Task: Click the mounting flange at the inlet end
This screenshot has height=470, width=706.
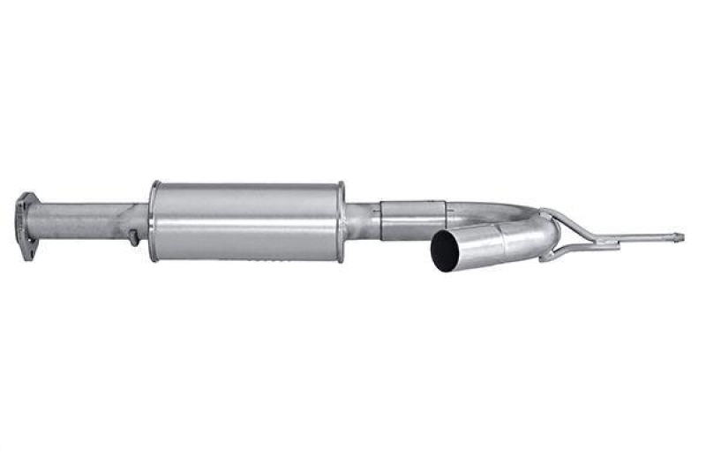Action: [x=26, y=224]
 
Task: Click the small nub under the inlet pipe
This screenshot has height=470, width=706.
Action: [x=132, y=238]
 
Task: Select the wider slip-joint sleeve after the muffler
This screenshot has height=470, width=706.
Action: [x=411, y=218]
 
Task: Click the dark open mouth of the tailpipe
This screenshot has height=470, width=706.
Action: [x=446, y=252]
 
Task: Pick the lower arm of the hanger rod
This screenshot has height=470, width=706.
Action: [x=574, y=247]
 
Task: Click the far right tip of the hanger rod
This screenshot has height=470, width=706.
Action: [x=679, y=236]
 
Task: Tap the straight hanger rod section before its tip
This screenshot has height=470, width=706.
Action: [x=644, y=237]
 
